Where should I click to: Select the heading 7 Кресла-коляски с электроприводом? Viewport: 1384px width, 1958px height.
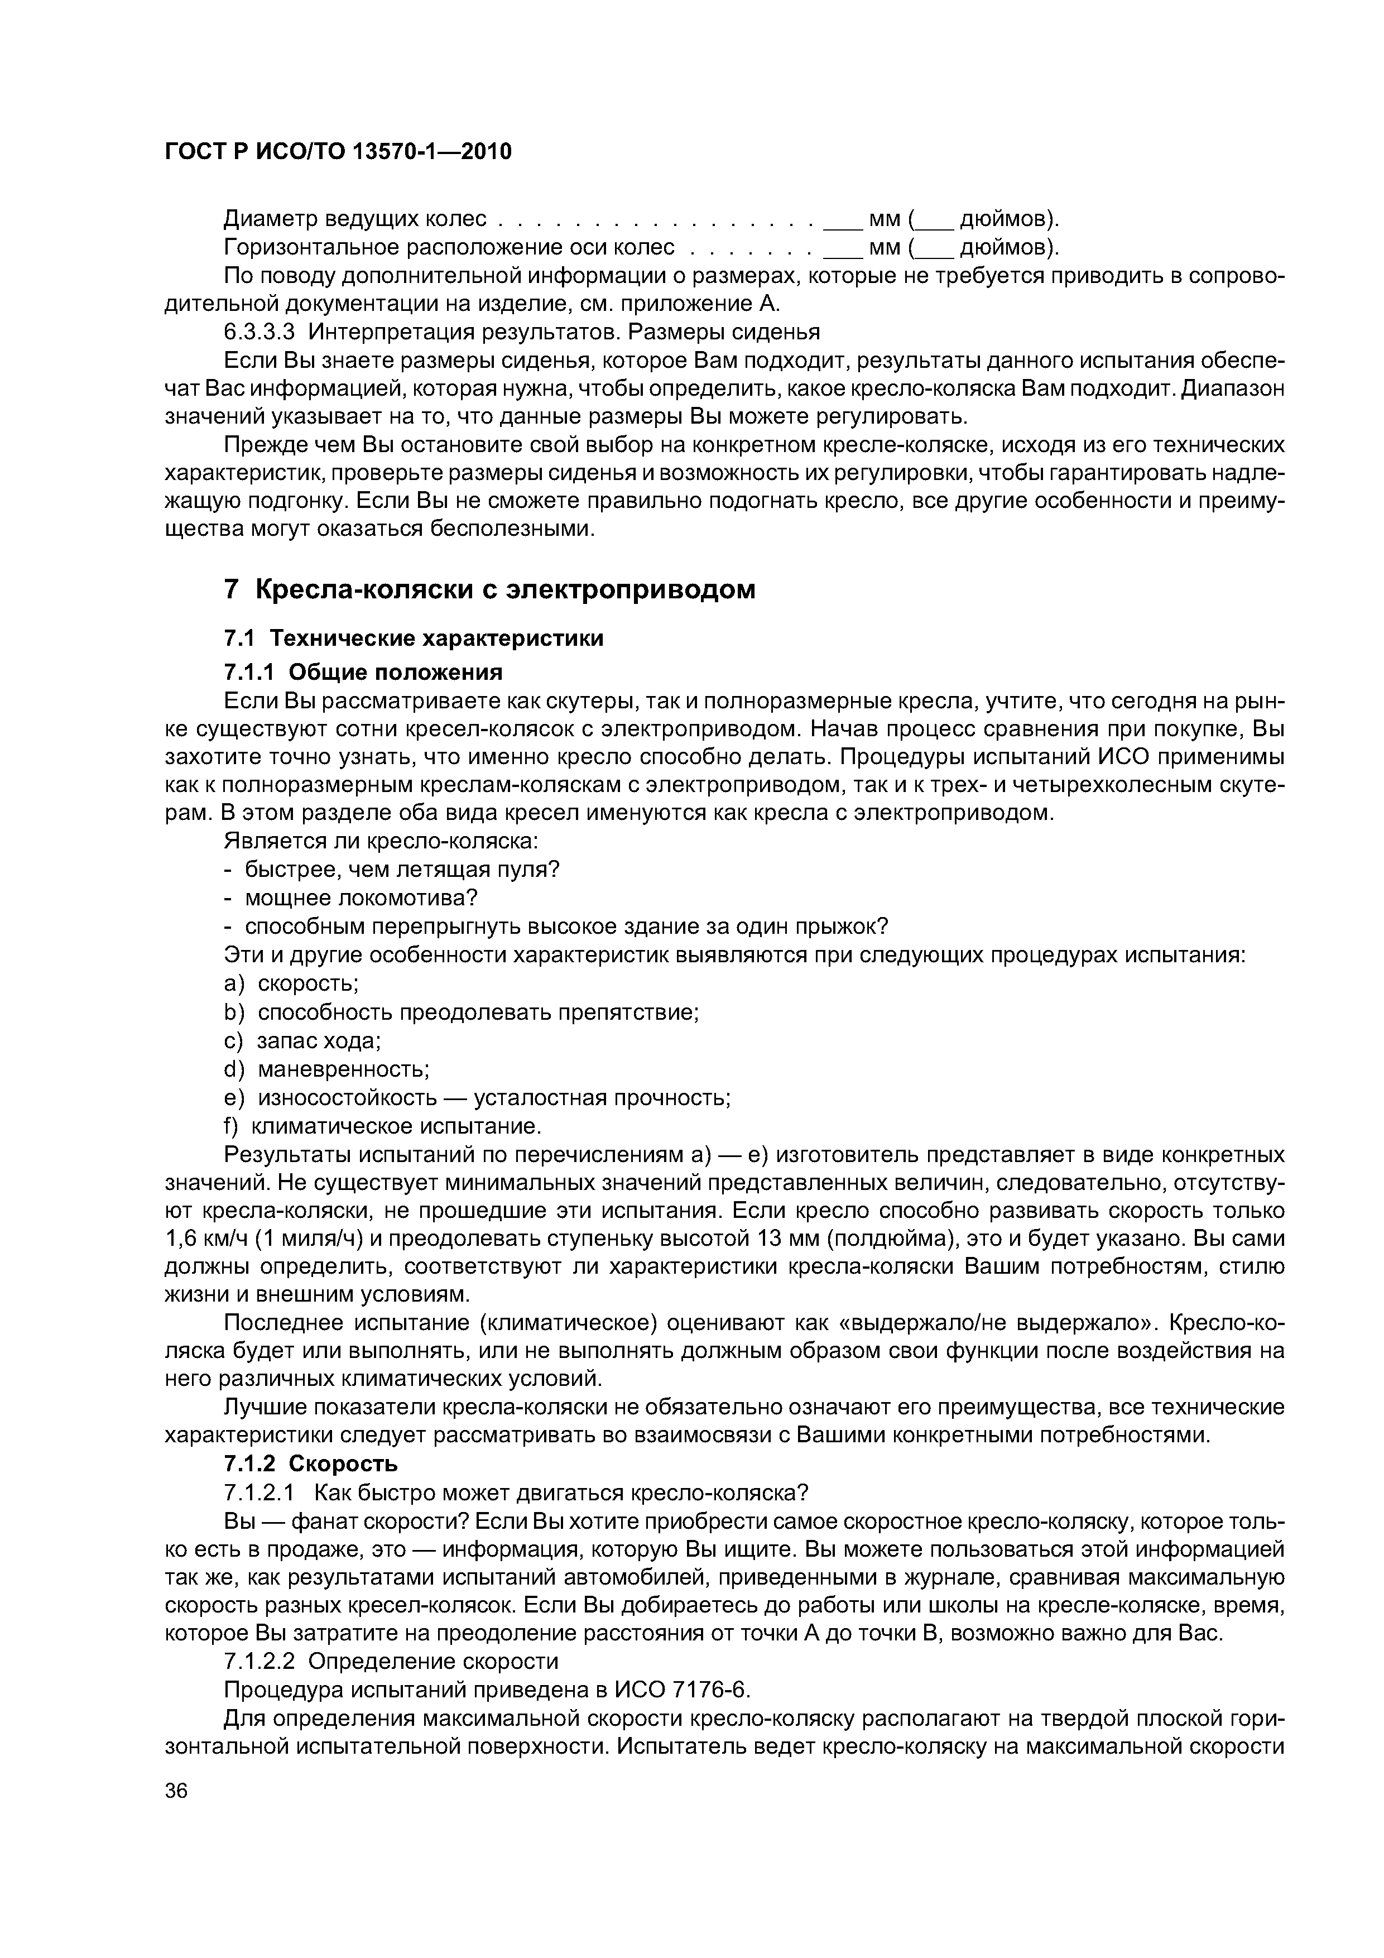click(x=489, y=589)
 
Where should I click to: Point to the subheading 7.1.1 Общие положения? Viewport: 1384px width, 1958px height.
click(x=363, y=672)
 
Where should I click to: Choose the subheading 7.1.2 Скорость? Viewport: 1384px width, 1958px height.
click(x=310, y=1464)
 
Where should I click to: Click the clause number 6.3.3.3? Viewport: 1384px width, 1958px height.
click(x=259, y=332)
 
